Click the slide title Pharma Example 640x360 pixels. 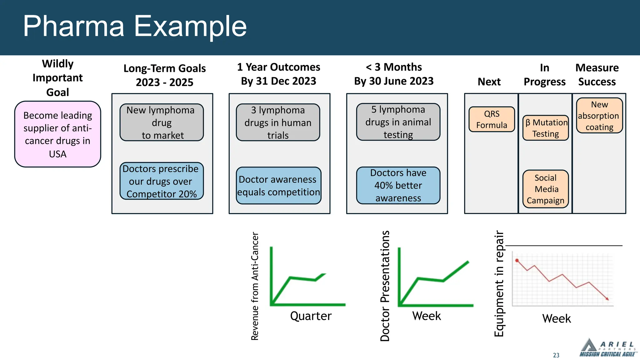[135, 26]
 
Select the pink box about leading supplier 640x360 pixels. [57, 134]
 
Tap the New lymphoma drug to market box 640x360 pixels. [162, 122]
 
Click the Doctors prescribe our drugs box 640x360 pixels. [162, 181]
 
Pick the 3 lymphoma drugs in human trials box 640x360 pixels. [278, 122]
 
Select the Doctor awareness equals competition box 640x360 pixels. [278, 186]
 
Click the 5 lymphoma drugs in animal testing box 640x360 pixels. [398, 122]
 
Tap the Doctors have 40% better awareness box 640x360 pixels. [398, 185]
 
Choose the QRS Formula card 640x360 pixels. [492, 119]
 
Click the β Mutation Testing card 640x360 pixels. [546, 128]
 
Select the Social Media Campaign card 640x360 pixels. [546, 189]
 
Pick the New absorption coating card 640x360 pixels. [599, 116]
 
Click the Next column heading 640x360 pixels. [489, 82]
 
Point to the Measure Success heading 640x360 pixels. [597, 75]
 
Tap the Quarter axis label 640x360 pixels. [311, 316]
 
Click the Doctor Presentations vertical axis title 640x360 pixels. [385, 286]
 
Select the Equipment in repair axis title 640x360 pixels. [499, 283]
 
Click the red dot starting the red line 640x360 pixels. [517, 260]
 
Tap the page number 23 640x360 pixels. [556, 355]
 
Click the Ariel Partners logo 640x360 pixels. [607, 348]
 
